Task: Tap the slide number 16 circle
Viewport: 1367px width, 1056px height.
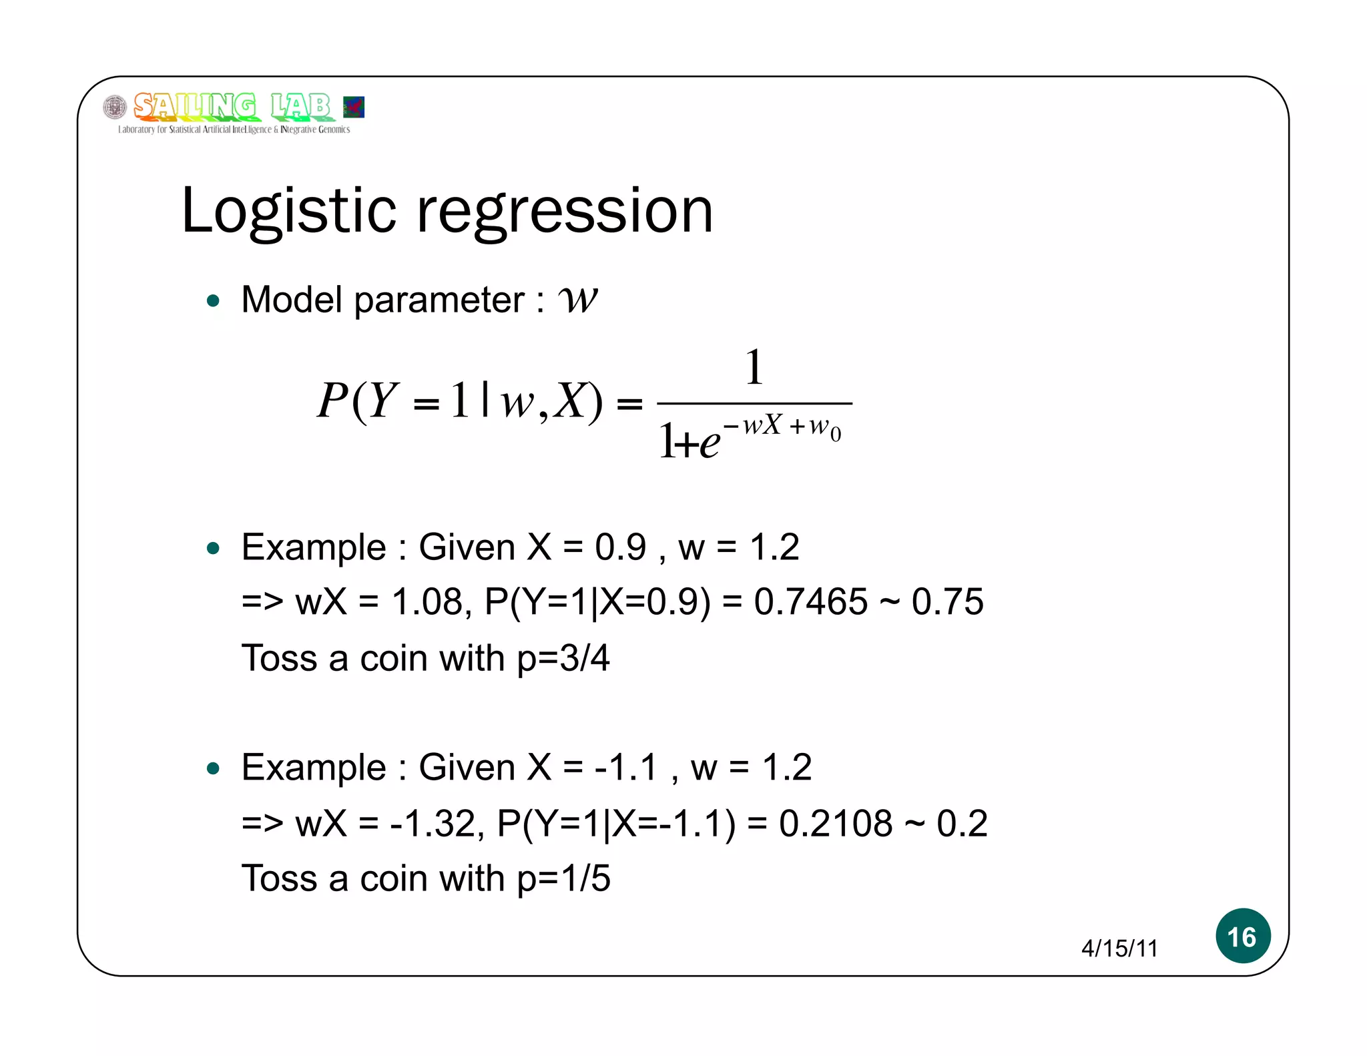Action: pyautogui.click(x=1242, y=936)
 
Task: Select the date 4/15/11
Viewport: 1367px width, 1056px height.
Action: pyautogui.click(x=1119, y=949)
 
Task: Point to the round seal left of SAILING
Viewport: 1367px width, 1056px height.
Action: pyautogui.click(x=115, y=107)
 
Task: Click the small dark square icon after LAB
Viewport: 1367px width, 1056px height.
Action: pyautogui.click(x=354, y=107)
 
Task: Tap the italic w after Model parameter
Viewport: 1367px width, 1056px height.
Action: pyautogui.click(x=578, y=300)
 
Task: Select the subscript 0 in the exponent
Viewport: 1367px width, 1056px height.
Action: pyautogui.click(x=836, y=435)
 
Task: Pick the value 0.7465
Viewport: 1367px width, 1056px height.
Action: pyautogui.click(x=810, y=602)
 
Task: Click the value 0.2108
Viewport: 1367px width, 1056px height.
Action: pyautogui.click(x=836, y=824)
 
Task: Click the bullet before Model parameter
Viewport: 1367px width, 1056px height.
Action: pyautogui.click(x=214, y=301)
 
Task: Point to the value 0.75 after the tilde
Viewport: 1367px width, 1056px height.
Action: pyautogui.click(x=947, y=602)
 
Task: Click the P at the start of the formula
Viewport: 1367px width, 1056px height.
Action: pyautogui.click(x=332, y=401)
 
